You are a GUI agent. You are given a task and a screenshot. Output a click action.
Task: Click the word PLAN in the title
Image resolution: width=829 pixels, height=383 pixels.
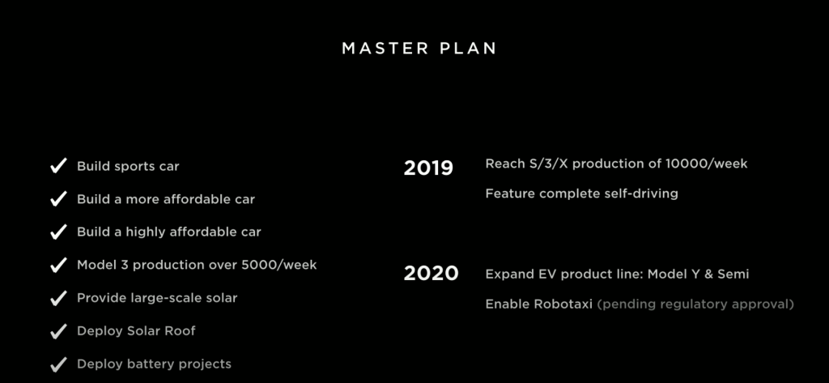tap(468, 49)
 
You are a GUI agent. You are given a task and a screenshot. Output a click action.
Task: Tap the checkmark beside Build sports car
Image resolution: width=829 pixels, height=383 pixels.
tap(58, 165)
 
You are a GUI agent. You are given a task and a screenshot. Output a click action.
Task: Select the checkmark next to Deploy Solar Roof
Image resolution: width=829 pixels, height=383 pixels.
tap(58, 331)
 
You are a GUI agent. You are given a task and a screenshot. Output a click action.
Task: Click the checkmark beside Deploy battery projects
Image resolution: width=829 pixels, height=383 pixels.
tap(58, 364)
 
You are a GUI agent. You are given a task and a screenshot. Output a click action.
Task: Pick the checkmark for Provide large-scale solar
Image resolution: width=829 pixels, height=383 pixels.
tap(58, 298)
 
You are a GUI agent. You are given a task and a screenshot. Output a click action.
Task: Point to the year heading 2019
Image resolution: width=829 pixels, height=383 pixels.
tap(428, 168)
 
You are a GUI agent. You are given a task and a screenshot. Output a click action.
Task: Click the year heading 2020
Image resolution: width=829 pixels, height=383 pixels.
tap(431, 274)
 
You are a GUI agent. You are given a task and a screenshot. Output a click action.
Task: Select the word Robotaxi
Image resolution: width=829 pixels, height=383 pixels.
tap(563, 304)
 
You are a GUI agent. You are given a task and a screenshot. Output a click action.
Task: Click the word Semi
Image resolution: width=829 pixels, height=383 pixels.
tap(733, 274)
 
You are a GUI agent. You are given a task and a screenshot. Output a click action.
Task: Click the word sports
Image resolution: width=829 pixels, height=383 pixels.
tap(133, 167)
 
